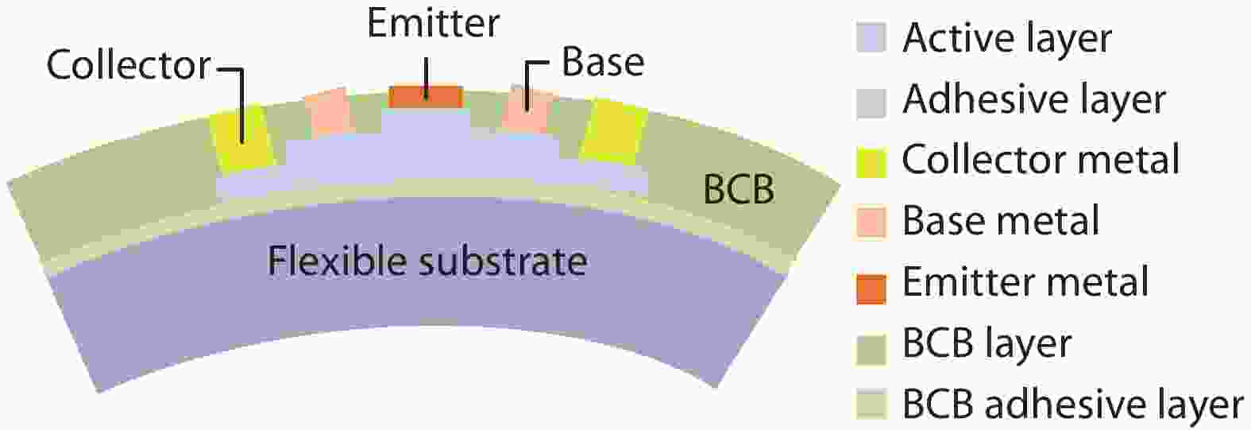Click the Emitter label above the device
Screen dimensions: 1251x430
tap(434, 24)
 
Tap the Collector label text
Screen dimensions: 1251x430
tap(129, 65)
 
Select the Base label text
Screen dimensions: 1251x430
tap(603, 61)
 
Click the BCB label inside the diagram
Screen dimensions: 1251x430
tap(739, 189)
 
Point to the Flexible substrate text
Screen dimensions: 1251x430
tap(427, 261)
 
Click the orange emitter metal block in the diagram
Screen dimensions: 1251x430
tap(426, 97)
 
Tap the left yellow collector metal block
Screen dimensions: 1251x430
tap(242, 137)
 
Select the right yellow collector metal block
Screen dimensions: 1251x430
tap(613, 132)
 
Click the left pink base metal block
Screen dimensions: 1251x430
tap(329, 110)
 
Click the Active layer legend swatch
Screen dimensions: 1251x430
tap(871, 37)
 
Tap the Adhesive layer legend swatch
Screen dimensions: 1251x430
tap(871, 103)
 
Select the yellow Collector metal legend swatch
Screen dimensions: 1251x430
tap(871, 163)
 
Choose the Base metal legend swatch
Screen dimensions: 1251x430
tap(871, 223)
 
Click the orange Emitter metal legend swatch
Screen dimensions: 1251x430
tap(871, 289)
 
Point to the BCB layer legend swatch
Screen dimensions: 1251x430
tap(871, 349)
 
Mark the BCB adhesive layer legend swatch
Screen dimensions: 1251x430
tap(871, 405)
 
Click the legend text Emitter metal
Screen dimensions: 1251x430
tap(1025, 282)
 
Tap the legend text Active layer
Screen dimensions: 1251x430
tap(1007, 39)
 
